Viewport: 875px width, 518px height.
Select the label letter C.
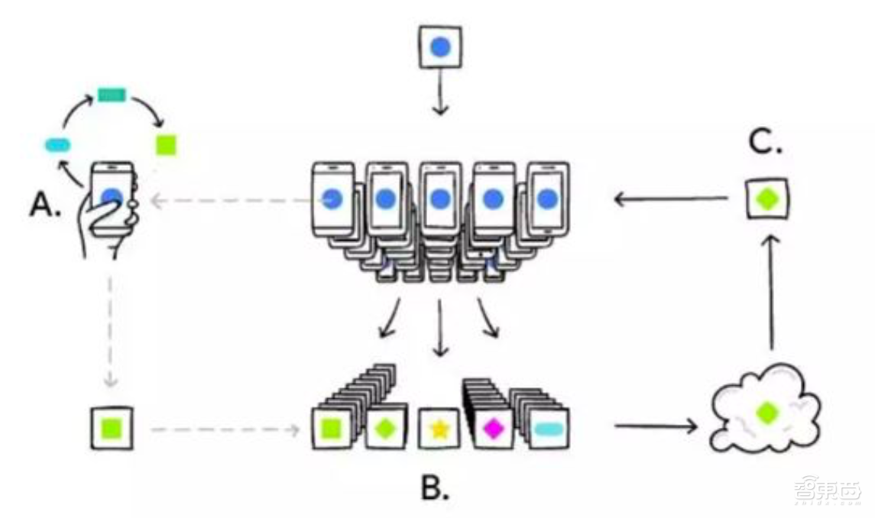(x=764, y=143)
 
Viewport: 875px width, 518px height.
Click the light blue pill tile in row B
(x=546, y=429)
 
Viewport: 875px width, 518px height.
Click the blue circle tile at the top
(x=440, y=48)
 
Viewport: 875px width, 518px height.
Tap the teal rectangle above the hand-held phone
(x=112, y=95)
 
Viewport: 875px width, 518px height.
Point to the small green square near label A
(x=166, y=144)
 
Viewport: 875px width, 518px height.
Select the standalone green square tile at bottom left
(x=112, y=428)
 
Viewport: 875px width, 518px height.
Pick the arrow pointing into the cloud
(x=656, y=426)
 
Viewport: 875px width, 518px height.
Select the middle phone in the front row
(x=439, y=200)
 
